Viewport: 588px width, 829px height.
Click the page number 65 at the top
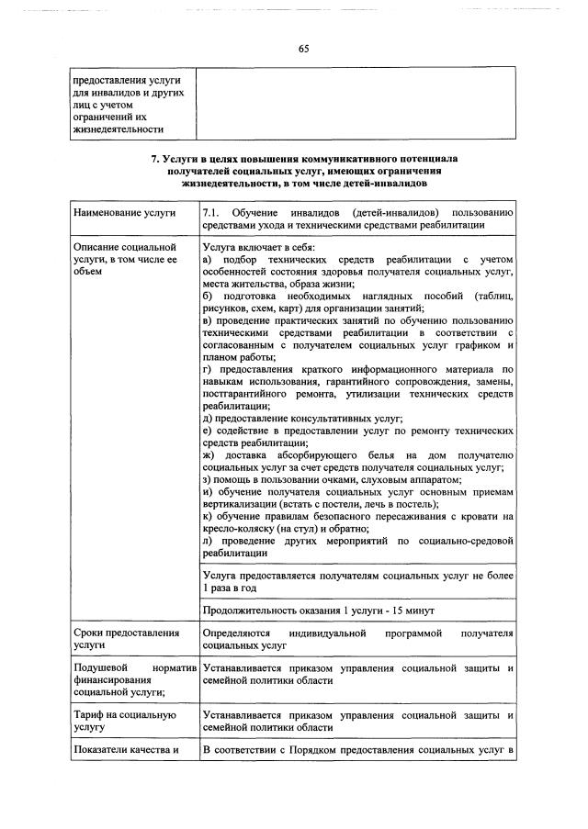(302, 49)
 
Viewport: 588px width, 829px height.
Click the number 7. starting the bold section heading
(155, 159)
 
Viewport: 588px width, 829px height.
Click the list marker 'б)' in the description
(207, 297)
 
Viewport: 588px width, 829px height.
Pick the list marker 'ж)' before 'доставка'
(208, 455)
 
